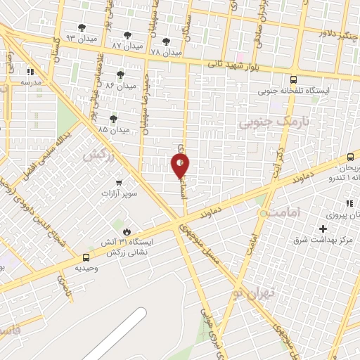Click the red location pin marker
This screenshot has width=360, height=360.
[180, 166]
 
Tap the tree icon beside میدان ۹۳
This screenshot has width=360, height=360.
[82, 28]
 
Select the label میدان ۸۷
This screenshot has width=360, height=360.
[127, 45]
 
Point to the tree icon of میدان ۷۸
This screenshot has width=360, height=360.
[166, 41]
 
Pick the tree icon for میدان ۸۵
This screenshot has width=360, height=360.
[113, 119]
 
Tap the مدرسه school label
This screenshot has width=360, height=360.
[32, 82]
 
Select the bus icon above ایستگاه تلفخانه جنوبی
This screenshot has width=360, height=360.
[293, 79]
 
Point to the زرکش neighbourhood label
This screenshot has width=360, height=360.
[98, 155]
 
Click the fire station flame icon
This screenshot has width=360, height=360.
[127, 231]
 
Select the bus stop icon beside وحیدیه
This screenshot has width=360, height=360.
[86, 257]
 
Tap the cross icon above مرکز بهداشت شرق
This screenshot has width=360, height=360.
[323, 229]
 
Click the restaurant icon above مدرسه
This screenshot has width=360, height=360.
[30, 72]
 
